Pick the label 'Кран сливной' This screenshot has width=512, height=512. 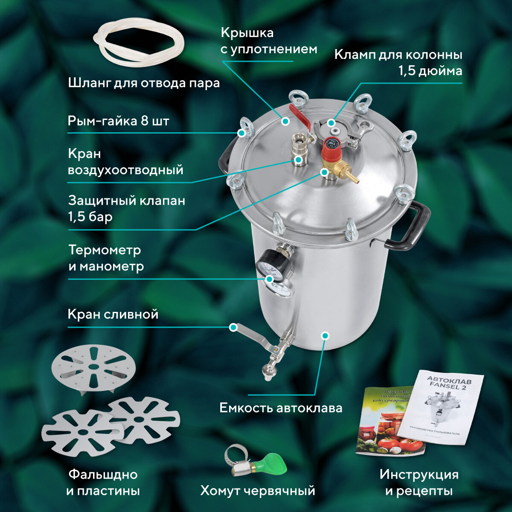coord(113,315)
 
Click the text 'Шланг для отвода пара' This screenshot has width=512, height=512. coord(144,83)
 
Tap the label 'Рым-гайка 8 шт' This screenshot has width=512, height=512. coord(119,121)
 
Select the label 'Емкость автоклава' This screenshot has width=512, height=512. coord(281,408)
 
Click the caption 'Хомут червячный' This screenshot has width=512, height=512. coord(258,491)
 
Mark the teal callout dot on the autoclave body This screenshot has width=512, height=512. coord(326,335)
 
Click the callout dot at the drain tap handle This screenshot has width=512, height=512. coord(233,328)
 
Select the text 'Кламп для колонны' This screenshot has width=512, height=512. coord(398,55)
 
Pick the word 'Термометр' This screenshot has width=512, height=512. coord(105,250)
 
